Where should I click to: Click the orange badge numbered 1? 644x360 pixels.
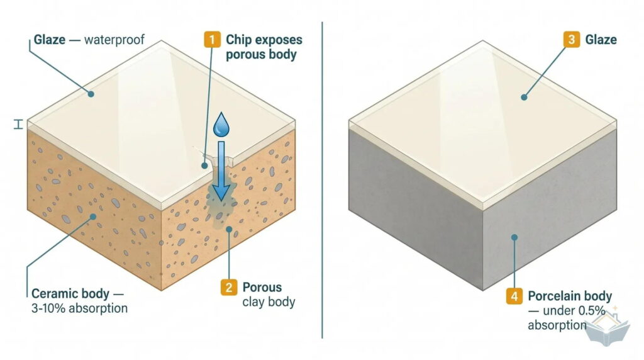[212, 40]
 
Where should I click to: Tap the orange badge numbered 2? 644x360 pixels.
[229, 287]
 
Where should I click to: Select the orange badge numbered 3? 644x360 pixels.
[571, 40]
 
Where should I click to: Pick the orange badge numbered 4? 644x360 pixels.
[514, 296]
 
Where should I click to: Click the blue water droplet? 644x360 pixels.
[221, 124]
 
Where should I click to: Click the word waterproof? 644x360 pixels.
[114, 40]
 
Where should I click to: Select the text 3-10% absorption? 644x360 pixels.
[79, 308]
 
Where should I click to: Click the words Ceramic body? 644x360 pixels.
[70, 294]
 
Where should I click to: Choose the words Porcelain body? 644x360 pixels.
[570, 296]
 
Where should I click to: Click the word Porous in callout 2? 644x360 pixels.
[262, 287]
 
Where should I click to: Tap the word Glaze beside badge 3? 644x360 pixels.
[601, 40]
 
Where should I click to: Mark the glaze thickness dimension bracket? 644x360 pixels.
[18, 125]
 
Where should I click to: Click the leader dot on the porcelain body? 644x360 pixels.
[514, 237]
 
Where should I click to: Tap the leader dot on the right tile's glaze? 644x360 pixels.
[524, 98]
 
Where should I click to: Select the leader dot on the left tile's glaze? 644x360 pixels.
[91, 94]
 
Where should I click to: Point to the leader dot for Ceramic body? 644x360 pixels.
[93, 217]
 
